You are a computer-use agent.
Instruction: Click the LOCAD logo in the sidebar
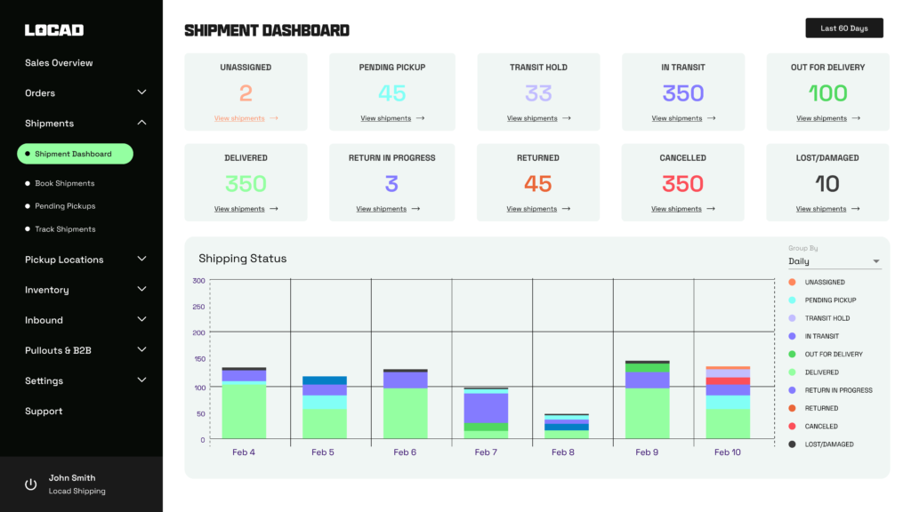point(54,30)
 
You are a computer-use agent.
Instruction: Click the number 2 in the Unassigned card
point(246,93)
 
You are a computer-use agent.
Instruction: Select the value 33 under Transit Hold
point(538,93)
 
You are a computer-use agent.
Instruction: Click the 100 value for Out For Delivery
point(827,93)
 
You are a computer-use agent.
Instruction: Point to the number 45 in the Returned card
point(538,184)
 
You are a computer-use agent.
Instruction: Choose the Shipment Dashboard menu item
point(75,154)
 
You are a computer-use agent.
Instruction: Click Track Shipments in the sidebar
point(65,229)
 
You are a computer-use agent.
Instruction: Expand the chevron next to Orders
point(141,92)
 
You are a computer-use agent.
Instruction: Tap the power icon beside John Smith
point(31,484)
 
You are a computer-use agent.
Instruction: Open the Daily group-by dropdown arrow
point(876,262)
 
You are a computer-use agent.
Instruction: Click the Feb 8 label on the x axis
point(564,452)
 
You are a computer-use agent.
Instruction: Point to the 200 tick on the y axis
point(198,332)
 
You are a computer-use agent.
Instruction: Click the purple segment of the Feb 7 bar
point(486,407)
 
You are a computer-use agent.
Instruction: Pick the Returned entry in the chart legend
point(821,409)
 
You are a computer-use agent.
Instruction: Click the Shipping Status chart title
point(242,259)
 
